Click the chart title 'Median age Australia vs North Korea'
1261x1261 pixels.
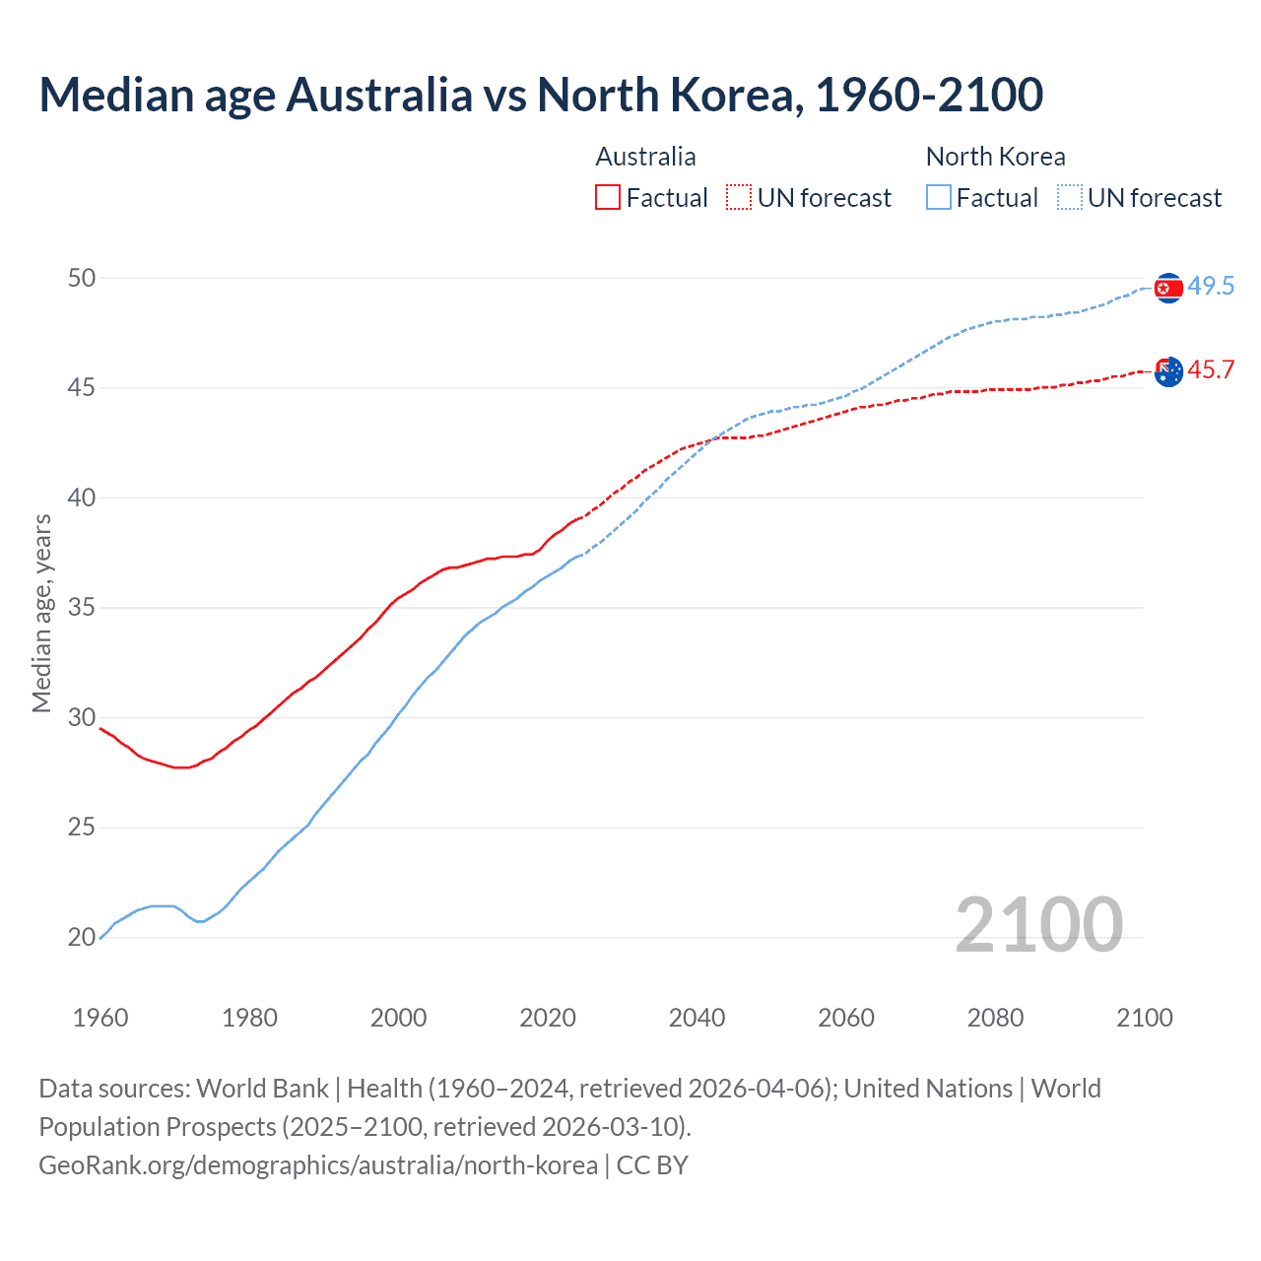click(540, 95)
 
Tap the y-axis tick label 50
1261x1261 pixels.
click(82, 278)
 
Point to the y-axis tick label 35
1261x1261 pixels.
click(82, 608)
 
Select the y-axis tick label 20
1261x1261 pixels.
click(82, 938)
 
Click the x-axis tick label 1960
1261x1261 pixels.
click(100, 1018)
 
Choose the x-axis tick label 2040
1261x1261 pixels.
click(697, 1018)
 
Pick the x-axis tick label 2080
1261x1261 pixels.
click(995, 1018)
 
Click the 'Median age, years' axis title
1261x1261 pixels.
click(41, 613)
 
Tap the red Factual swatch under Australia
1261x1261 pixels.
click(608, 198)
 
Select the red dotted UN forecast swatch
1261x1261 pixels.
click(739, 198)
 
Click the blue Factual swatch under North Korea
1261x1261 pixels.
click(939, 198)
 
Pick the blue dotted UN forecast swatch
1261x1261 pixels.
click(1070, 198)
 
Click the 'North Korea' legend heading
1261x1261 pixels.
click(995, 157)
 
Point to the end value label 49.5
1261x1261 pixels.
click(1211, 287)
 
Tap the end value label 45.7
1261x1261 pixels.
click(1211, 370)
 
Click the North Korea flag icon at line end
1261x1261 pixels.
click(1168, 288)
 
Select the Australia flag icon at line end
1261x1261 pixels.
click(1168, 371)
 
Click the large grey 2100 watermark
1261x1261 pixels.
click(1038, 924)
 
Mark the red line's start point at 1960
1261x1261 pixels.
click(100, 728)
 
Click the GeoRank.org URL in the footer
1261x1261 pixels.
click(317, 1165)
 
